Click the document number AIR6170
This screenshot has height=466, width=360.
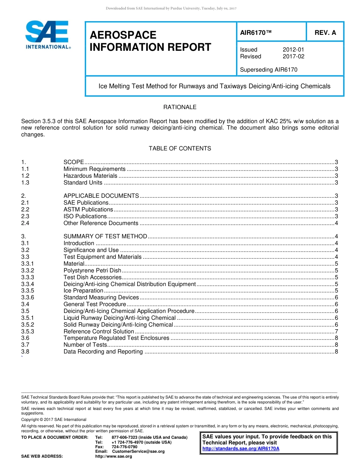point(256,33)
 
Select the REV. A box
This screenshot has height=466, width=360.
point(325,33)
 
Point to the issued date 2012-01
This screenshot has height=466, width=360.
point(293,50)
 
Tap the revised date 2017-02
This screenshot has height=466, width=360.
point(293,56)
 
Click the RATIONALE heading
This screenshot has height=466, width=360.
point(180,107)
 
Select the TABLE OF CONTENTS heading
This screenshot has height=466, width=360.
point(180,149)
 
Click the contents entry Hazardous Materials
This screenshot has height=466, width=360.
point(90,176)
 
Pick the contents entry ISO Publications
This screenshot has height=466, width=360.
point(85,216)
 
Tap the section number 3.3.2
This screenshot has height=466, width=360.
point(28,271)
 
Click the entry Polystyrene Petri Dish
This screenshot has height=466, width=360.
point(92,271)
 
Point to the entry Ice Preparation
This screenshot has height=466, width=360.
point(83,291)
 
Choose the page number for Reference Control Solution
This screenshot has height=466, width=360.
point(337,332)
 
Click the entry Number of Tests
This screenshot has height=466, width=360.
point(85,345)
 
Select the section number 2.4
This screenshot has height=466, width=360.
point(25,223)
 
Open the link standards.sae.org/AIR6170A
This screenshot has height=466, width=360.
point(241,449)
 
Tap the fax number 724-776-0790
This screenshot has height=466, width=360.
point(124,447)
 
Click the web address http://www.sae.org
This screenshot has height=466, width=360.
point(113,457)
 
